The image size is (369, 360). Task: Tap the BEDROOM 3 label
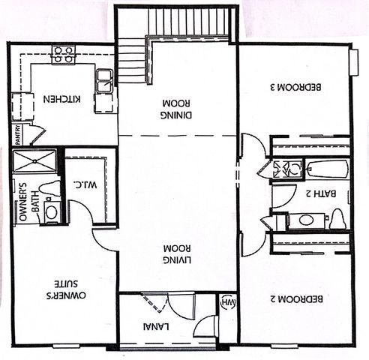[x=295, y=87]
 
